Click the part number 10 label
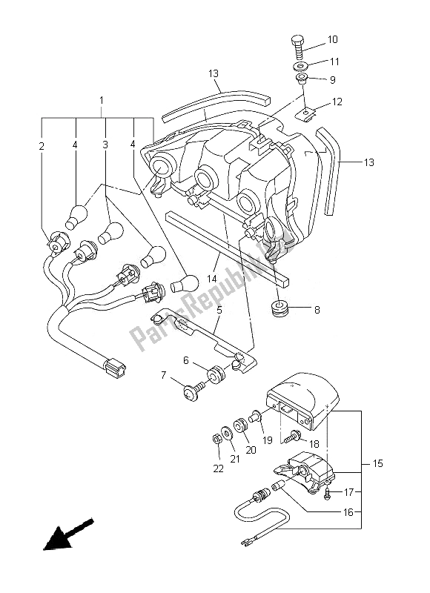coord(332,39)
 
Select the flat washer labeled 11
coord(300,64)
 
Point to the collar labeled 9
coord(301,79)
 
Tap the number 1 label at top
coord(102,99)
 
